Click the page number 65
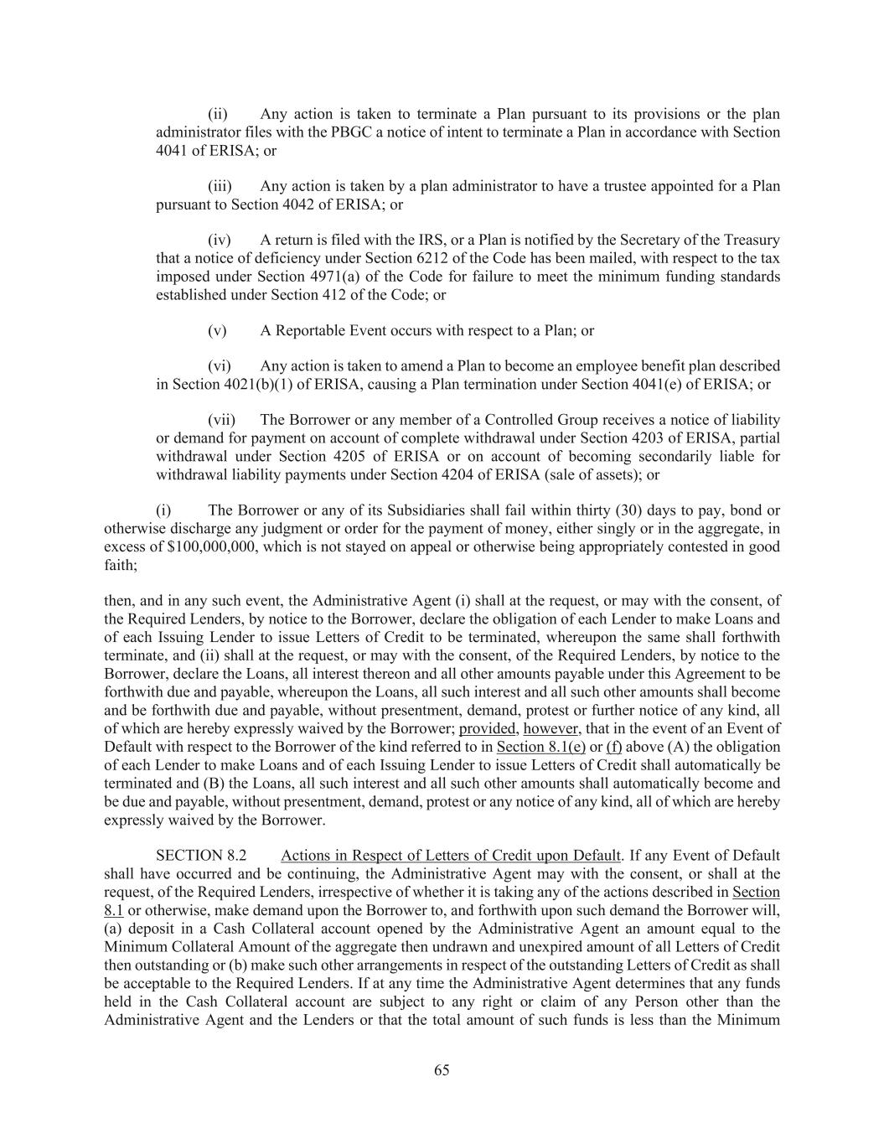(442, 1070)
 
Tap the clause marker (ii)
(218, 114)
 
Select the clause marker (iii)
(220, 186)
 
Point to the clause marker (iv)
(220, 241)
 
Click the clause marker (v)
(217, 330)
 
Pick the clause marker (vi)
(220, 366)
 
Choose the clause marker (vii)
(221, 420)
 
